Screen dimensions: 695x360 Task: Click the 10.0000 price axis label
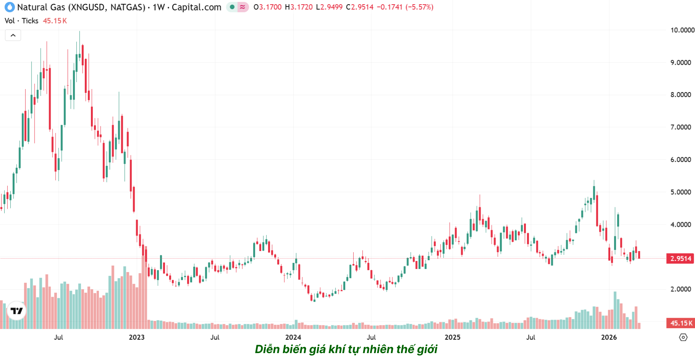[x=682, y=30]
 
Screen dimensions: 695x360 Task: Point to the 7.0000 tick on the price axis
[x=681, y=127]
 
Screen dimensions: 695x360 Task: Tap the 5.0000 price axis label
[x=681, y=192]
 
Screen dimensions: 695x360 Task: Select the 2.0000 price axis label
[x=681, y=289]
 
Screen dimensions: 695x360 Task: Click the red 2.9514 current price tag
[x=681, y=258]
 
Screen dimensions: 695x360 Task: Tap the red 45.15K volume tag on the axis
[x=681, y=323]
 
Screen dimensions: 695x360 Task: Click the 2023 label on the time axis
[x=137, y=337]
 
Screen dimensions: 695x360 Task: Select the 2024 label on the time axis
[x=293, y=337]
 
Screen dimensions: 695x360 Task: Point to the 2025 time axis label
[x=453, y=337]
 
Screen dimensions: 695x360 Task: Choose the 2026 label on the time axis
[x=609, y=337]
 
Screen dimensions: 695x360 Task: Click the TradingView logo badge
[x=16, y=310]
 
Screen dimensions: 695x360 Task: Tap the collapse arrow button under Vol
[x=13, y=35]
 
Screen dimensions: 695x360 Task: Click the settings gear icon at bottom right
[x=683, y=337]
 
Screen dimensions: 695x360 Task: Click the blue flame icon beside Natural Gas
[x=10, y=7]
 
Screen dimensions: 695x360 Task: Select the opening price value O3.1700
[x=267, y=7]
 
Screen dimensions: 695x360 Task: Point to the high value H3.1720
[x=299, y=7]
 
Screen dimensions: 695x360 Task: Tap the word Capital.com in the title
[x=196, y=7]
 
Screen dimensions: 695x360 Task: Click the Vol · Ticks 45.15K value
[x=55, y=21]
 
